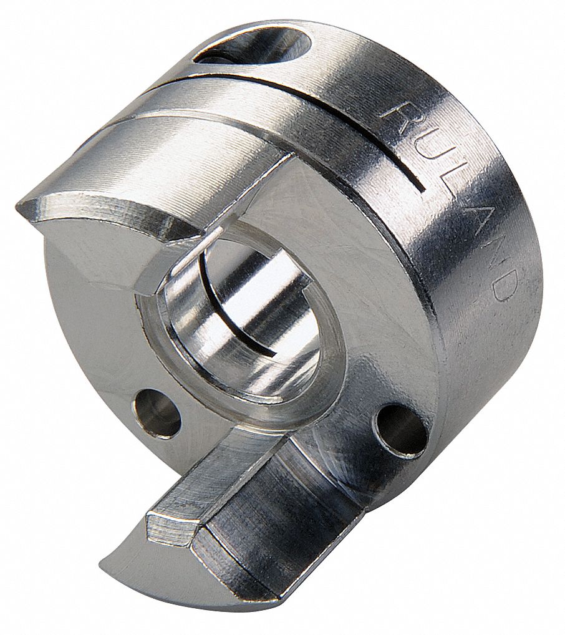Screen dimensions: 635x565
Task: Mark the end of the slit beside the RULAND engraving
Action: pos(424,188)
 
